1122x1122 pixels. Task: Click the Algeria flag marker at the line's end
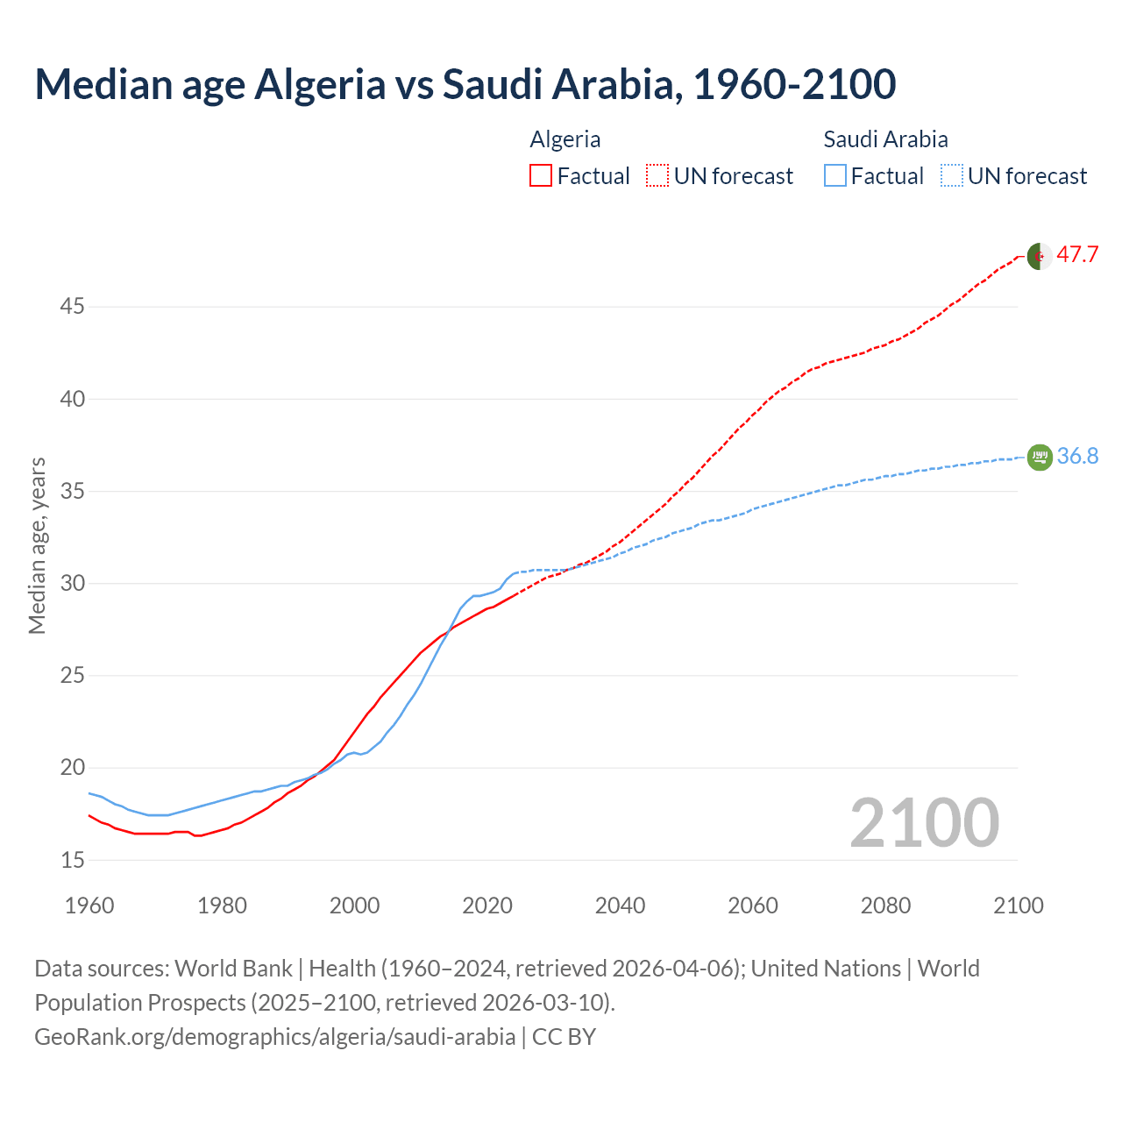pyautogui.click(x=1039, y=256)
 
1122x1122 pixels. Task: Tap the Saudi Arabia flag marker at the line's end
pyautogui.click(x=1039, y=457)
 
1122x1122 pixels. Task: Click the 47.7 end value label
pyautogui.click(x=1077, y=255)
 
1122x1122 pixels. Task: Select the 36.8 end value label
pyautogui.click(x=1077, y=456)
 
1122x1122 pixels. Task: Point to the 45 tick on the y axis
pyautogui.click(x=72, y=307)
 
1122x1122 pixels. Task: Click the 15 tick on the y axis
pyautogui.click(x=72, y=860)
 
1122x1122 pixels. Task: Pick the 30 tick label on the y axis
pyautogui.click(x=72, y=583)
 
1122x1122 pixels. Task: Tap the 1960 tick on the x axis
pyautogui.click(x=89, y=905)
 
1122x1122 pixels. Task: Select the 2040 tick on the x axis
pyautogui.click(x=620, y=905)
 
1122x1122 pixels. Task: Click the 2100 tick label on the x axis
pyautogui.click(x=1018, y=905)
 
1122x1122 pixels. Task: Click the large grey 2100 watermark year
pyautogui.click(x=924, y=822)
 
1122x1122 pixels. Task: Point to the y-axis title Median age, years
pyautogui.click(x=37, y=545)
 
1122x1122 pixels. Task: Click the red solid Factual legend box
pyautogui.click(x=541, y=175)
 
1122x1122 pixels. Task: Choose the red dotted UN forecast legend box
pyautogui.click(x=657, y=175)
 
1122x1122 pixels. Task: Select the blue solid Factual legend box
pyautogui.click(x=835, y=175)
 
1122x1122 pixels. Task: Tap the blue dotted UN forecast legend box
pyautogui.click(x=951, y=175)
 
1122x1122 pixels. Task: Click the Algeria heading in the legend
pyautogui.click(x=565, y=139)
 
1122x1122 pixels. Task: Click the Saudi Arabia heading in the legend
pyautogui.click(x=885, y=139)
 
